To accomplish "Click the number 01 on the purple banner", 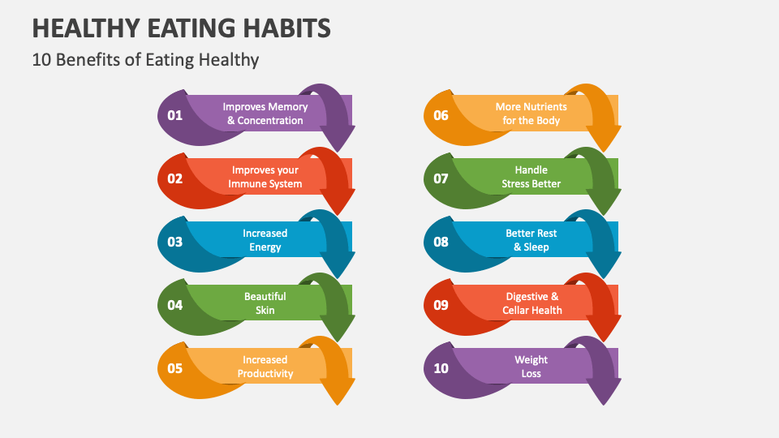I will pos(175,115).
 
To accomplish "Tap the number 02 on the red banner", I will pos(175,178).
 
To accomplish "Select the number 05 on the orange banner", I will pos(175,368).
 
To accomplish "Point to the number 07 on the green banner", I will pos(441,178).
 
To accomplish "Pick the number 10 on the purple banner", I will pos(441,368).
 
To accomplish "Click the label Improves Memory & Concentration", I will pos(265,114).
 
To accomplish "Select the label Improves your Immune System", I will pos(265,177).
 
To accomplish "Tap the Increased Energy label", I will pos(265,240).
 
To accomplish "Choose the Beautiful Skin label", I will pos(265,303).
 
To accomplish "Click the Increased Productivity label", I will pos(265,367).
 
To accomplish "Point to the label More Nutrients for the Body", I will pos(532,114).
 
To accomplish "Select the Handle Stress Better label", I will pos(532,177).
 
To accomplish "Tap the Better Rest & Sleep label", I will pos(532,240).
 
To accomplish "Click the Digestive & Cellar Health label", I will pos(532,303).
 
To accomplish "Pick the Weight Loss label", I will pos(532,367).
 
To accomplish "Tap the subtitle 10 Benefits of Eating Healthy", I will pos(146,59).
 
